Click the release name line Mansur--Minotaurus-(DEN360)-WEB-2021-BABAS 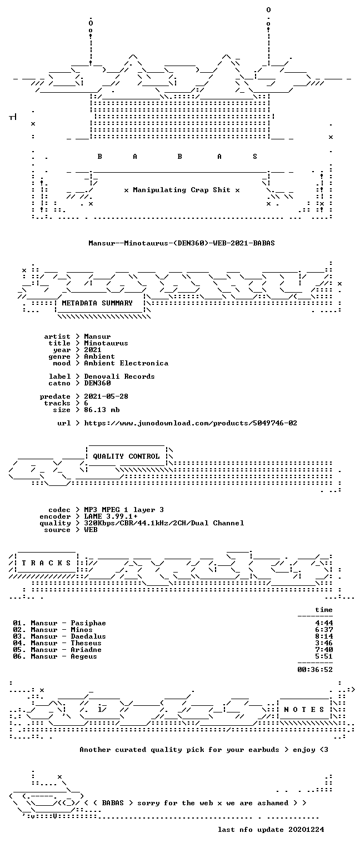click(181, 243)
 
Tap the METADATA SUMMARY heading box click(99, 304)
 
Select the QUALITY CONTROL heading click(126, 456)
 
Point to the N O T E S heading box click(304, 709)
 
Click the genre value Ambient click(99, 357)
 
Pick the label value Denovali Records click(119, 377)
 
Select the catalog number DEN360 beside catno click(97, 383)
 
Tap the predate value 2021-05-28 click(106, 397)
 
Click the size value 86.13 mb click(102, 410)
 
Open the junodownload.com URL click(191, 423)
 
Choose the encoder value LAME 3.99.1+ click(111, 516)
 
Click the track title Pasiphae click(88, 624)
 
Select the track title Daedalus click(88, 637)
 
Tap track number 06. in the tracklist click(19, 656)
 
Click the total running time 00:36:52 click(315, 670)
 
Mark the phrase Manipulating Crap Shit click(181, 190)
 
